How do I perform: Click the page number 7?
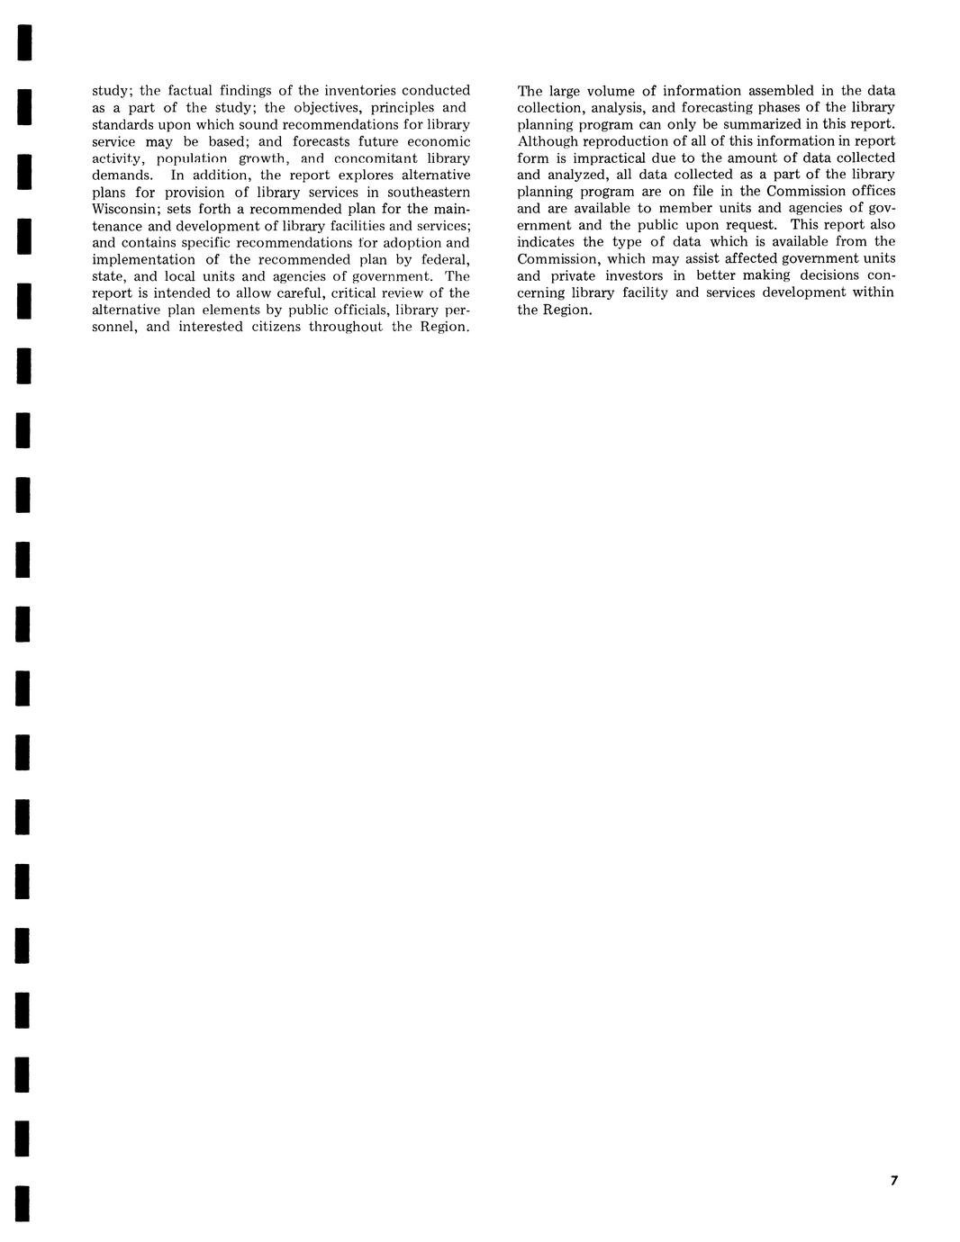pyautogui.click(x=893, y=1181)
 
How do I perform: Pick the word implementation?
pyautogui.click(x=143, y=259)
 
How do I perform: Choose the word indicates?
pyautogui.click(x=548, y=242)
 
